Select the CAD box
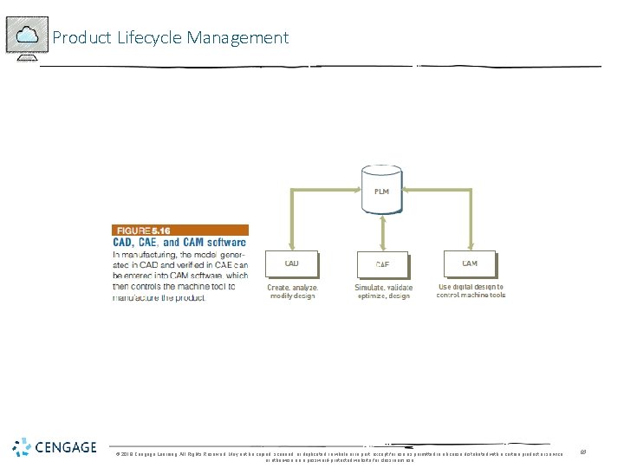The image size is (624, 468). pos(292,263)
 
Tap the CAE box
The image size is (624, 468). pos(381,264)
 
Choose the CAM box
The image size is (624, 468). pos(470,263)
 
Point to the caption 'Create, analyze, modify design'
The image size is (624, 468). pos(292,291)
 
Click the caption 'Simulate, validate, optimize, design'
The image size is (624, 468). pos(383,291)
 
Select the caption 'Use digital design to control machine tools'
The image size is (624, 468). pos(471,290)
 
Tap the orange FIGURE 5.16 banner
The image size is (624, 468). pos(180,231)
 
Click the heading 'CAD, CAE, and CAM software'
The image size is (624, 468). pos(180,243)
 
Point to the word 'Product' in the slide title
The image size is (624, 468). pos(81,37)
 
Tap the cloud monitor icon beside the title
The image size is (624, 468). pos(27,37)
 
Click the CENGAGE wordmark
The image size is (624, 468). pos(66,447)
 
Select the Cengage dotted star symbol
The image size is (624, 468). pos(22,447)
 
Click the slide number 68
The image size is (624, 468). pos(584,452)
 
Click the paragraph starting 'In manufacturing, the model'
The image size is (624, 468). pos(180,276)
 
